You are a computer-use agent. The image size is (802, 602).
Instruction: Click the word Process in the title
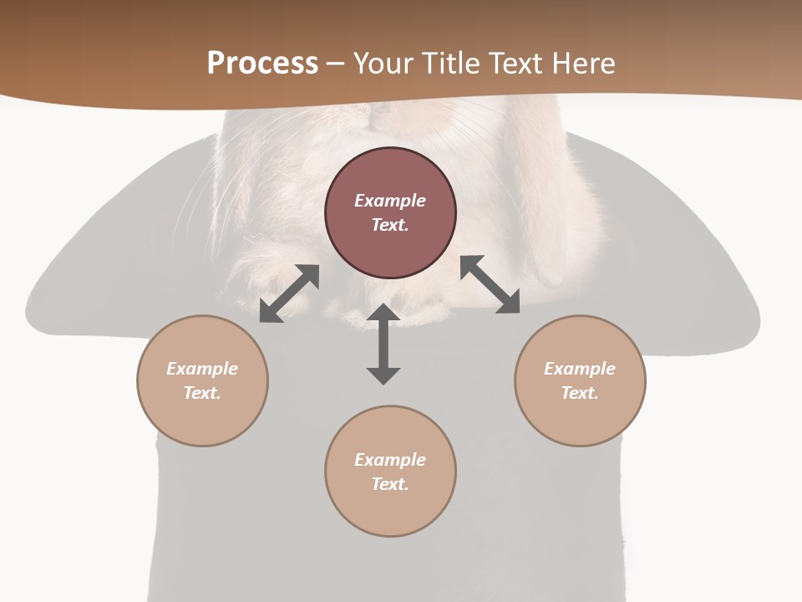(x=262, y=64)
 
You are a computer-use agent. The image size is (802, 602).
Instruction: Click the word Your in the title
(x=383, y=64)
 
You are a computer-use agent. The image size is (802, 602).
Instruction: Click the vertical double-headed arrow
(x=383, y=344)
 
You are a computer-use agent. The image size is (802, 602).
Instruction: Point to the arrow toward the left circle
(x=289, y=293)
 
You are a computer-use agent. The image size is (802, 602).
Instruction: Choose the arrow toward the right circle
(x=490, y=284)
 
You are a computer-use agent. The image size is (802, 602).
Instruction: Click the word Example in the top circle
(x=390, y=201)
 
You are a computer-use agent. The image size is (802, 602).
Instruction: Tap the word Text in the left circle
(x=202, y=393)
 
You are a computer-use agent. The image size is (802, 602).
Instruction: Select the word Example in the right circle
(x=580, y=369)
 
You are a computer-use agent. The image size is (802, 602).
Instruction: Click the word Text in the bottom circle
(x=390, y=484)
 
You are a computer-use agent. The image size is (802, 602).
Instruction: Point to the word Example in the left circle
(x=202, y=369)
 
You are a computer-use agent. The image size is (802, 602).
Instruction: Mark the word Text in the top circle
(x=390, y=225)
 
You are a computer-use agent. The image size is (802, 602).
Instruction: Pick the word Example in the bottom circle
(x=390, y=460)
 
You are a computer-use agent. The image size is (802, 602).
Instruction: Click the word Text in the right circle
(x=580, y=393)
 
